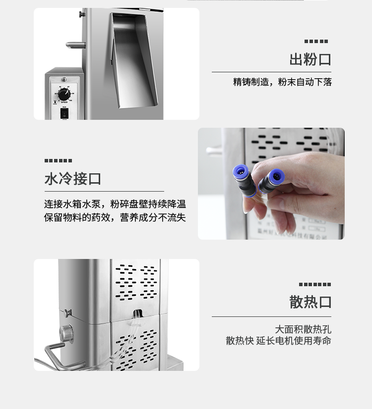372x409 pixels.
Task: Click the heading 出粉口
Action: pyautogui.click(x=310, y=59)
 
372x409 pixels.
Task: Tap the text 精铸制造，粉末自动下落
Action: pyautogui.click(x=282, y=82)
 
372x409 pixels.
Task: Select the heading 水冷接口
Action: pyautogui.click(x=73, y=178)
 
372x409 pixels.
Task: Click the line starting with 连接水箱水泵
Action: pyautogui.click(x=115, y=204)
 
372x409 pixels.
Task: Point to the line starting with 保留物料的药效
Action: pyautogui.click(x=115, y=217)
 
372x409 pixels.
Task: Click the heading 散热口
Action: pyautogui.click(x=310, y=302)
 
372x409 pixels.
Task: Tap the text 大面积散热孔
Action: pyautogui.click(x=303, y=329)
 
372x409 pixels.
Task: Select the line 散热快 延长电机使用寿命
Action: pyautogui.click(x=278, y=341)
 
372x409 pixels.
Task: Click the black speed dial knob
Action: pyautogui.click(x=64, y=94)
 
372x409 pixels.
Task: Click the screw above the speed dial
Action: pyautogui.click(x=64, y=80)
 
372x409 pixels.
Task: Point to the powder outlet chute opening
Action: pyautogui.click(x=131, y=59)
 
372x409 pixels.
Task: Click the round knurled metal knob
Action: pyautogui.click(x=65, y=334)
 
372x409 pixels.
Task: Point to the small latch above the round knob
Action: pyautogui.click(x=67, y=312)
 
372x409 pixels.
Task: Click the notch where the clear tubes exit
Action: pyautogui.click(x=137, y=314)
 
